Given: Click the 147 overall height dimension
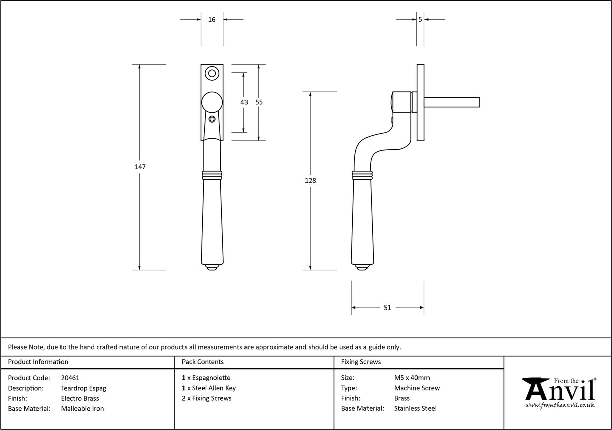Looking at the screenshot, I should click(x=140, y=167).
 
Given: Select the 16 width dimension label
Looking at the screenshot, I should click(x=212, y=20).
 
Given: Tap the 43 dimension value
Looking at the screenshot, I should click(x=244, y=102).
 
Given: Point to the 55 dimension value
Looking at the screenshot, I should click(x=259, y=102).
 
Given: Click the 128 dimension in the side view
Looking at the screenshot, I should click(x=311, y=180).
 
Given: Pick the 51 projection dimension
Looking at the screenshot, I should click(x=387, y=308).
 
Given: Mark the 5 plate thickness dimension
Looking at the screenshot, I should click(x=420, y=20).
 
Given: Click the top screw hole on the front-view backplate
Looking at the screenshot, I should click(x=212, y=74).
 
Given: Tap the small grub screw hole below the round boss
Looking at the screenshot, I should click(x=212, y=119).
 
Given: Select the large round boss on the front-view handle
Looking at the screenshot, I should click(x=212, y=102).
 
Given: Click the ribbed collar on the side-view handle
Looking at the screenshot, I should click(x=362, y=175).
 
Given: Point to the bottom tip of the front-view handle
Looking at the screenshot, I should click(x=212, y=267).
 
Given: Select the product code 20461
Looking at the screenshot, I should click(x=70, y=378).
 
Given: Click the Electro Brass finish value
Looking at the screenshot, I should click(x=80, y=398).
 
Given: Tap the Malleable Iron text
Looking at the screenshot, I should click(x=82, y=409).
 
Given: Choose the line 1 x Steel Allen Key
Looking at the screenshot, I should click(x=209, y=388).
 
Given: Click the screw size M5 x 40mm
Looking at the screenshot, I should click(x=412, y=378).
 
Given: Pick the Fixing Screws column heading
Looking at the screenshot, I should click(x=361, y=362).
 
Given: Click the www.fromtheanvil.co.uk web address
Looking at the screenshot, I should click(x=560, y=405).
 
